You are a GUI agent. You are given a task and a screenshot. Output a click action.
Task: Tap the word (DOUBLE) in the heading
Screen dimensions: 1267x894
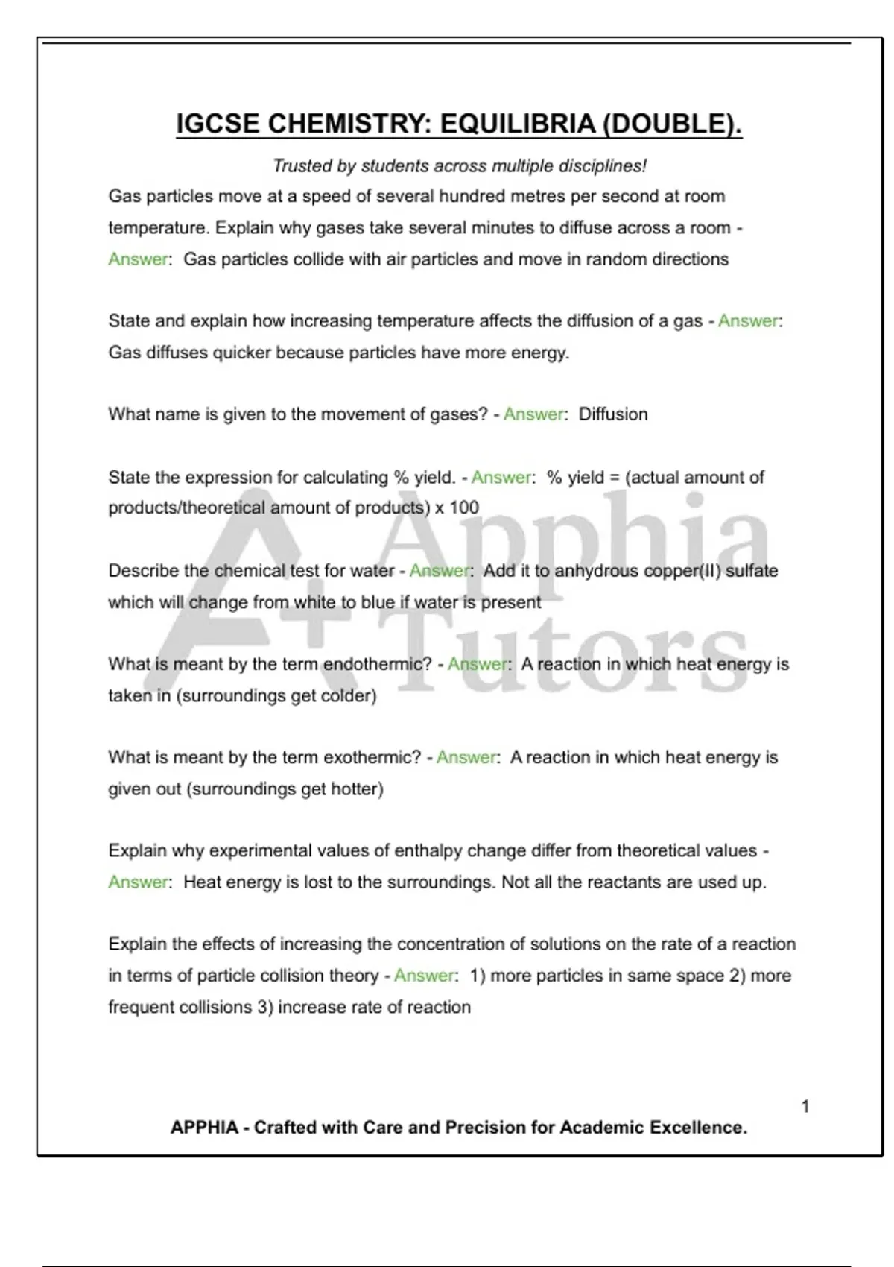tap(672, 124)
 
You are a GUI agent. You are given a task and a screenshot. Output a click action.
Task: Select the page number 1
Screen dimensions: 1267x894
tap(805, 1106)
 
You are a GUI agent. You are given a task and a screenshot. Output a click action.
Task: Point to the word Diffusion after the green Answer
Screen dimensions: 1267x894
tap(613, 414)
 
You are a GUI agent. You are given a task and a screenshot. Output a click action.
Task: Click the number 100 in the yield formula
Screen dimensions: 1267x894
tap(464, 508)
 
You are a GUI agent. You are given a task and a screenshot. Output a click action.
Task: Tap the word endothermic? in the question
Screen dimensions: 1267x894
tap(378, 664)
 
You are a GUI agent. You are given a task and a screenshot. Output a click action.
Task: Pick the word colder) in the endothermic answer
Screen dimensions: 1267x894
tap(350, 695)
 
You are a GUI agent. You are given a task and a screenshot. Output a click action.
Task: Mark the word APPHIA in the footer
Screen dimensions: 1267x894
tap(204, 1128)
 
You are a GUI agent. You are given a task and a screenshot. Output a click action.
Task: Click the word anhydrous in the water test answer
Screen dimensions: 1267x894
tap(600, 571)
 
